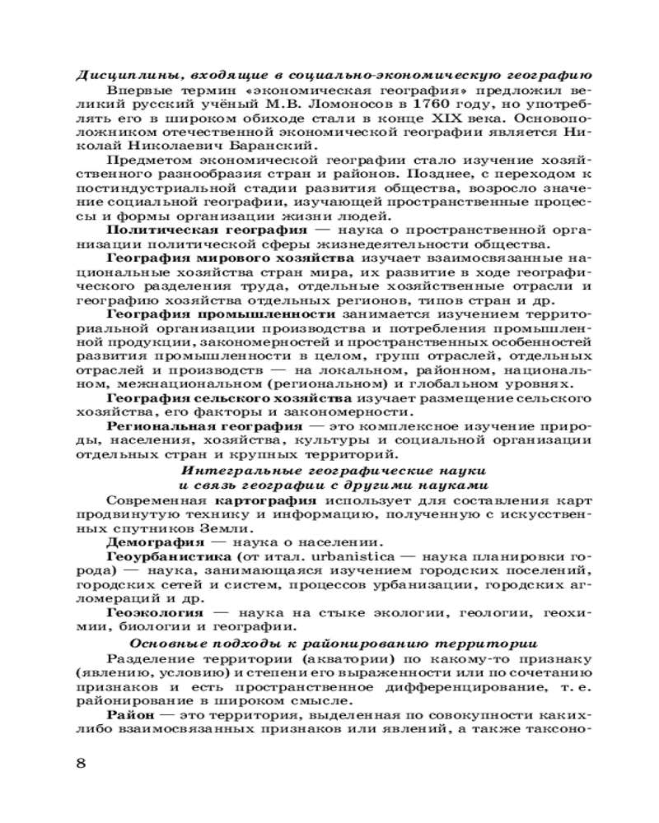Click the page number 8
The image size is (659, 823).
[x=80, y=762]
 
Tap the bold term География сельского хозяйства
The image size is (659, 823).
[x=227, y=398]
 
